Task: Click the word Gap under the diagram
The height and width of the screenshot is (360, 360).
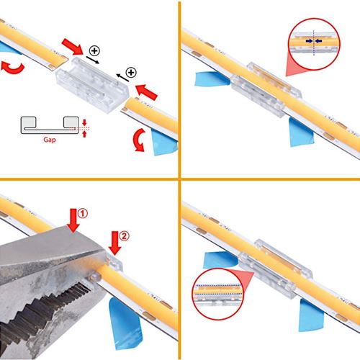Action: tap(50, 140)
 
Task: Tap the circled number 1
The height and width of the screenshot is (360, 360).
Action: tap(83, 213)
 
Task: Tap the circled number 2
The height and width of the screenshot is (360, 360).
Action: tap(124, 236)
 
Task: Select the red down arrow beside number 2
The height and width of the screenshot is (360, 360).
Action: tap(114, 243)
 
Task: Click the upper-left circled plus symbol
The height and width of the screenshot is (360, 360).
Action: tap(94, 50)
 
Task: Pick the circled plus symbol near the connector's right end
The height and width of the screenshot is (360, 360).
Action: tap(131, 72)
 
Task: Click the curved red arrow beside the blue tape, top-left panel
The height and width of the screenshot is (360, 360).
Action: tap(139, 140)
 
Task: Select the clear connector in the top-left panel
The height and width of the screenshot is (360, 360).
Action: tap(92, 85)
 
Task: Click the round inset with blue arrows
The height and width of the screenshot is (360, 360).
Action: tap(314, 44)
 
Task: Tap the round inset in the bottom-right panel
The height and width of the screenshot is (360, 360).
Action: tap(217, 294)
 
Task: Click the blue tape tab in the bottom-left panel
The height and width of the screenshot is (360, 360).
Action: tap(125, 323)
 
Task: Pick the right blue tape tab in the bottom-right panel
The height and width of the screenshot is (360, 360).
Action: tap(311, 315)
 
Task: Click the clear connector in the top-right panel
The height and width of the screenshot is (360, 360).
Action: tap(266, 89)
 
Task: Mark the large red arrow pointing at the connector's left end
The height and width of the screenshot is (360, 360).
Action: tap(72, 47)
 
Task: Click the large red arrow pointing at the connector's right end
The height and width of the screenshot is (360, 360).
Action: tap(146, 92)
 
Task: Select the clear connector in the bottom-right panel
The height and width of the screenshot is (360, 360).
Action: tap(276, 269)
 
